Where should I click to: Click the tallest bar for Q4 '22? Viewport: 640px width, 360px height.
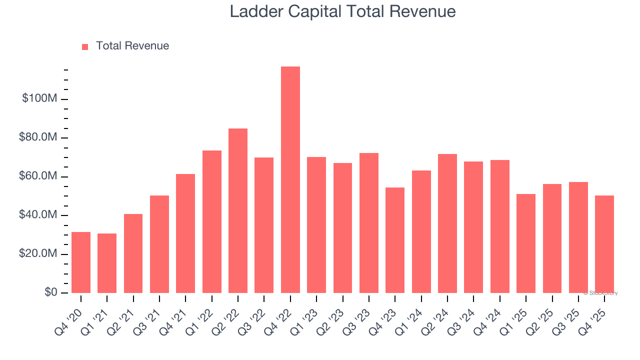click(290, 179)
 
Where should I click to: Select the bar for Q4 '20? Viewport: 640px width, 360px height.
click(81, 262)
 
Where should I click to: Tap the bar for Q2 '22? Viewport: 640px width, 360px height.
click(238, 210)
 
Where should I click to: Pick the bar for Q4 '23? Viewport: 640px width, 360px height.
click(395, 240)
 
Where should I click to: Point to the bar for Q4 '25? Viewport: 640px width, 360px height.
click(604, 244)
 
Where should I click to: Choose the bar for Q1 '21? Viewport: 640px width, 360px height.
click(107, 263)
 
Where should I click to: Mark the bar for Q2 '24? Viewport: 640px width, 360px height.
click(447, 223)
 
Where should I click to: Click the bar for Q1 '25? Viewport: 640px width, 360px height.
click(526, 243)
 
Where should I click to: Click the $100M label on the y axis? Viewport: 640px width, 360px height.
click(39, 98)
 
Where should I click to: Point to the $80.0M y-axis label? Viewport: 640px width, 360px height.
click(38, 137)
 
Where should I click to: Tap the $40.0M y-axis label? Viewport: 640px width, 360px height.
click(38, 215)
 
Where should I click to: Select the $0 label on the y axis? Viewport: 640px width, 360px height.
click(51, 292)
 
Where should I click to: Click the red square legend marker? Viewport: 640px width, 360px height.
click(85, 46)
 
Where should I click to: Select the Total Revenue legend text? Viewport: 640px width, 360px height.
click(132, 46)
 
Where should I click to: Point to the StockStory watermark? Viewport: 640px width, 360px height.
click(600, 293)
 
